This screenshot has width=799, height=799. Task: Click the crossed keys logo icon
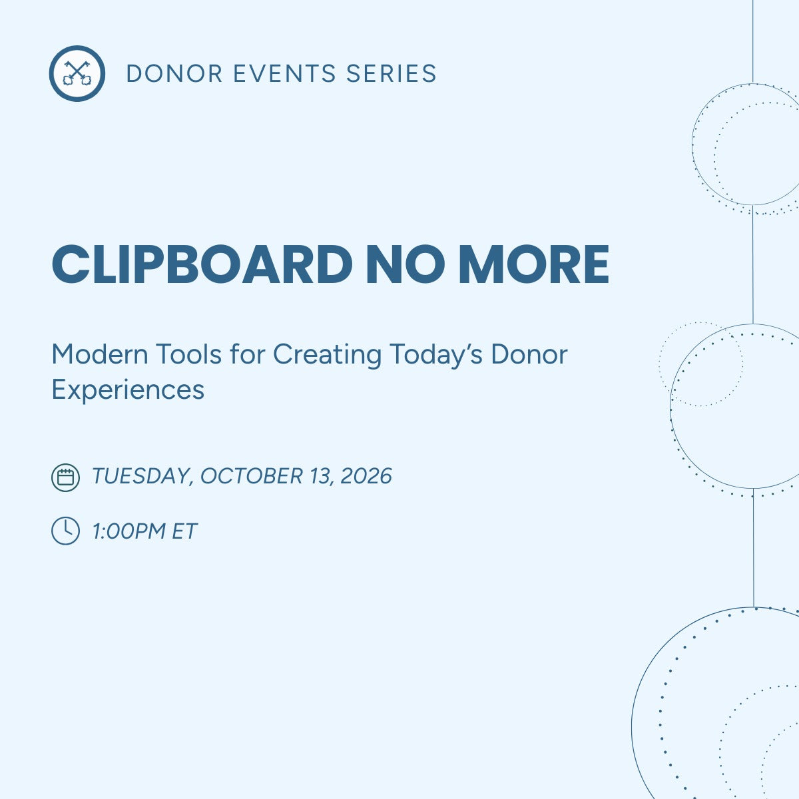coord(77,73)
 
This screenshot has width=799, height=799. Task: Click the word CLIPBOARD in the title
coord(202,264)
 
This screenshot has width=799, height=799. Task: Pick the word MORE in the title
coord(534,264)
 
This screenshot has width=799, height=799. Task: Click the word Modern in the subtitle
coord(99,354)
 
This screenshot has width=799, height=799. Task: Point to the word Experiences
coord(128,390)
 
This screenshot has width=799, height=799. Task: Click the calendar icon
coord(65,477)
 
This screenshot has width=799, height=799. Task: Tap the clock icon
coord(65,531)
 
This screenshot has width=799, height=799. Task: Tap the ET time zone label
coord(184,531)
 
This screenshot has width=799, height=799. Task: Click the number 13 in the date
coord(322,477)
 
